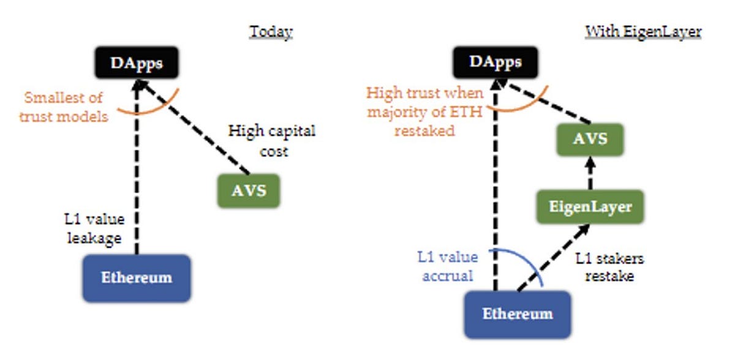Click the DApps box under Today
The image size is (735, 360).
[x=137, y=62]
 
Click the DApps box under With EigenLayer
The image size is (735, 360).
[x=496, y=62]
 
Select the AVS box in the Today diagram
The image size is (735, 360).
[x=249, y=191]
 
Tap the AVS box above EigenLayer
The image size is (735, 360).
[x=590, y=139]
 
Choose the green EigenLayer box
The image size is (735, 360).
[x=590, y=207]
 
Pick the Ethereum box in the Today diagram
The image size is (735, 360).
[x=137, y=278]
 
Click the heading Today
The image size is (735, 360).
[x=271, y=32]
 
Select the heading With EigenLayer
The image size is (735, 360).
[x=643, y=32]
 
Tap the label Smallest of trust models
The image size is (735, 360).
[x=63, y=107]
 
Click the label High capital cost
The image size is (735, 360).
[x=272, y=141]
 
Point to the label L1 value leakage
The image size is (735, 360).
[x=94, y=228]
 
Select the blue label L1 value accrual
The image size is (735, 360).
[x=448, y=266]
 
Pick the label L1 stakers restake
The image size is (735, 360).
[x=609, y=267]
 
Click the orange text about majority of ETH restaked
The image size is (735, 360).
[x=425, y=112]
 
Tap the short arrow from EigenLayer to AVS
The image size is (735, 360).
[x=590, y=173]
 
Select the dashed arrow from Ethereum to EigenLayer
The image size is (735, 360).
[x=553, y=258]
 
